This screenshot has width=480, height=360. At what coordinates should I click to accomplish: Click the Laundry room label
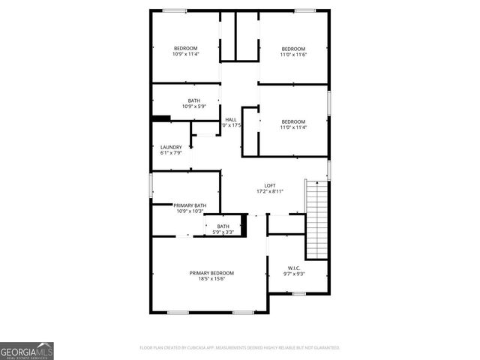171,147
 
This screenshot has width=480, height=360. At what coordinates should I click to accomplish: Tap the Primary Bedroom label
211,272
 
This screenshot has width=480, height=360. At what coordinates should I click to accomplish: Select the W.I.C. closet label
294,268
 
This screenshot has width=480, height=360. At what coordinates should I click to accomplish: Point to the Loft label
270,186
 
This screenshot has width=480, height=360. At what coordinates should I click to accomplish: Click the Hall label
231,120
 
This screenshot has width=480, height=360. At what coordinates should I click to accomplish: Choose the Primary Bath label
190,205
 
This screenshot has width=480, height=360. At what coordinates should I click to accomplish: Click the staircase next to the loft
316,217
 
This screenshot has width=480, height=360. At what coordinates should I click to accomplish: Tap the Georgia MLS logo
27,350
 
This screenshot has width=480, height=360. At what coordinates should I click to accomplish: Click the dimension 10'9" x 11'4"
185,54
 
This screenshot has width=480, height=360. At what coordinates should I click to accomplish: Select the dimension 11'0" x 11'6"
293,54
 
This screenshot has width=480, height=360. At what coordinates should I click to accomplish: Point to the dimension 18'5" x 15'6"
211,279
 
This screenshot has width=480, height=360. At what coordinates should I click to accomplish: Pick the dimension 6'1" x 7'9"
171,153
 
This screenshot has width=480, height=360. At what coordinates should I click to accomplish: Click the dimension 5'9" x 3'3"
223,232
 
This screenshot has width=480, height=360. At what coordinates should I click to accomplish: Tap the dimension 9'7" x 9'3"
294,274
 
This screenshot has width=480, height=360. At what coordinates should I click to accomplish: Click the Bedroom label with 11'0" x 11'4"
293,121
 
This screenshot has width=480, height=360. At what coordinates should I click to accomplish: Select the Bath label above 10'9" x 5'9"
194,100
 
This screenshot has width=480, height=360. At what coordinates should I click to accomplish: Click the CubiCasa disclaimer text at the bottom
240,348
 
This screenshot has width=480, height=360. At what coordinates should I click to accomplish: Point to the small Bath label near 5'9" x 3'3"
223,226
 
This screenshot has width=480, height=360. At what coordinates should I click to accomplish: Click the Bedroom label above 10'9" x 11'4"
185,48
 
